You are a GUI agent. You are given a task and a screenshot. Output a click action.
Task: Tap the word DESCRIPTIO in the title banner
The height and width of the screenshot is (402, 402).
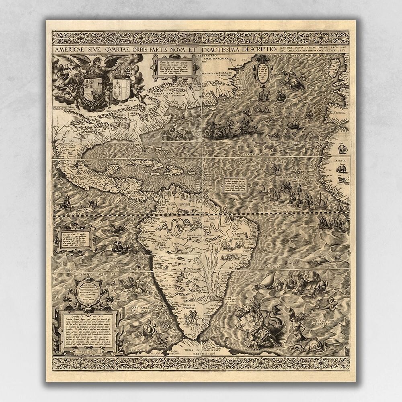pyautogui.click(x=255, y=49)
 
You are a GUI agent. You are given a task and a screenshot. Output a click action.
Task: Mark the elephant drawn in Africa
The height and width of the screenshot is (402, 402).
pyautogui.click(x=343, y=150)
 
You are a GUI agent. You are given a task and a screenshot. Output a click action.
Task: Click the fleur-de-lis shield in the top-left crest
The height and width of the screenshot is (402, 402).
pyautogui.click(x=121, y=88)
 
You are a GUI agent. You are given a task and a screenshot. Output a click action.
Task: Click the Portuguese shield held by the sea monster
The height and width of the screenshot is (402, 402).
pyautogui.click(x=246, y=322)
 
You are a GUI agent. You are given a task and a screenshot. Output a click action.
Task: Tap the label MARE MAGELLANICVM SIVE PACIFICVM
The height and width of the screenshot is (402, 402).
pyautogui.click(x=149, y=310)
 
